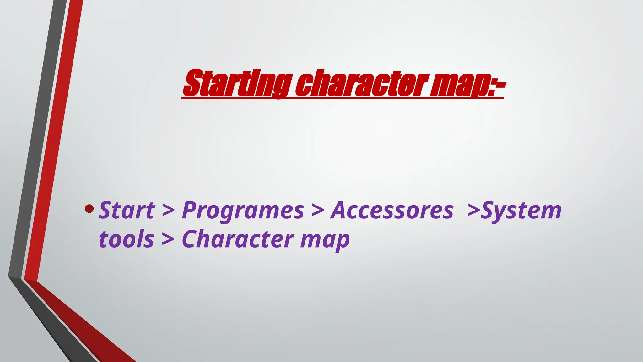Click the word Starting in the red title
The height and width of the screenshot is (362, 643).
[237, 84]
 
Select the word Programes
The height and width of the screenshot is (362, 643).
[243, 211]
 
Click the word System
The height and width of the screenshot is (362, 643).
[521, 211]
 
